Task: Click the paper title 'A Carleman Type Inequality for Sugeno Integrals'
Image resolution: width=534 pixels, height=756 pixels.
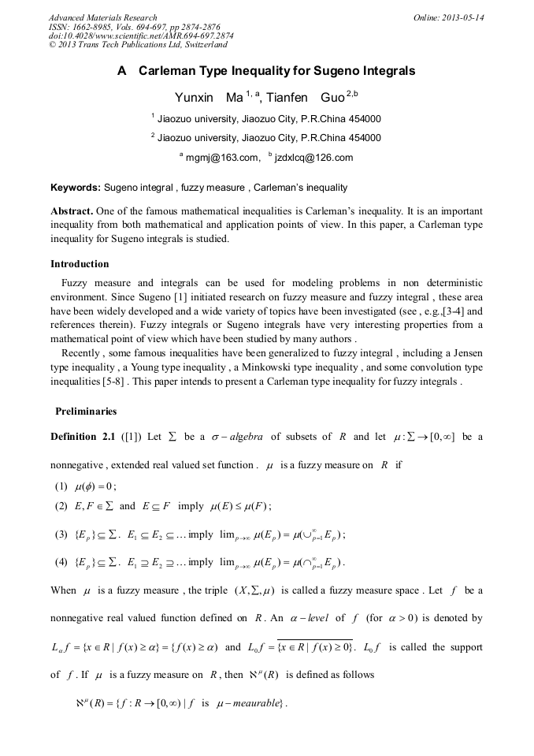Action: click(x=266, y=71)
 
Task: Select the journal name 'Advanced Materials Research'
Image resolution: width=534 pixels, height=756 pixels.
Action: click(x=103, y=17)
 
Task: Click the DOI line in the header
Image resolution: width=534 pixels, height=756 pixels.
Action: click(x=141, y=36)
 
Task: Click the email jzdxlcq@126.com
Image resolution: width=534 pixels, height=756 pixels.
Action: click(x=313, y=158)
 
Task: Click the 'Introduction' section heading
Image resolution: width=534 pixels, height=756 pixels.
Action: click(x=80, y=263)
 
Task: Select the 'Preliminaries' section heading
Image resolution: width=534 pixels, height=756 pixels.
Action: click(x=86, y=411)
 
